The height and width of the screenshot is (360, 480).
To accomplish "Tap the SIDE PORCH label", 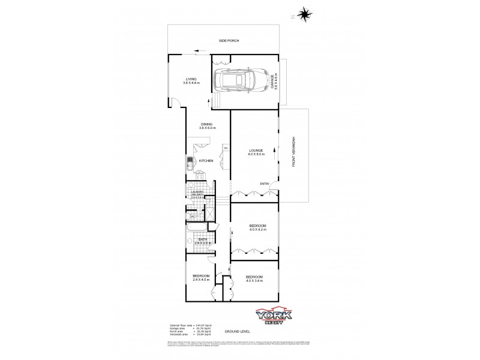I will [x=229, y=40].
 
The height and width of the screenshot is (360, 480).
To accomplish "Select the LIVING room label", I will [x=191, y=79].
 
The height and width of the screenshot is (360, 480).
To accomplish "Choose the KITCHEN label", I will [x=206, y=161].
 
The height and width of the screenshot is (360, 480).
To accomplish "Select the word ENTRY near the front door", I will [x=265, y=184].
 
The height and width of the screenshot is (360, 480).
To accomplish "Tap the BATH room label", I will [x=202, y=239].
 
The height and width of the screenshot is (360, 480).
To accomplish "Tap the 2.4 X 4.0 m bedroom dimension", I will [x=200, y=279].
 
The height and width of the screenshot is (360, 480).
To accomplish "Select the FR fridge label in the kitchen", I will [x=226, y=148].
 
